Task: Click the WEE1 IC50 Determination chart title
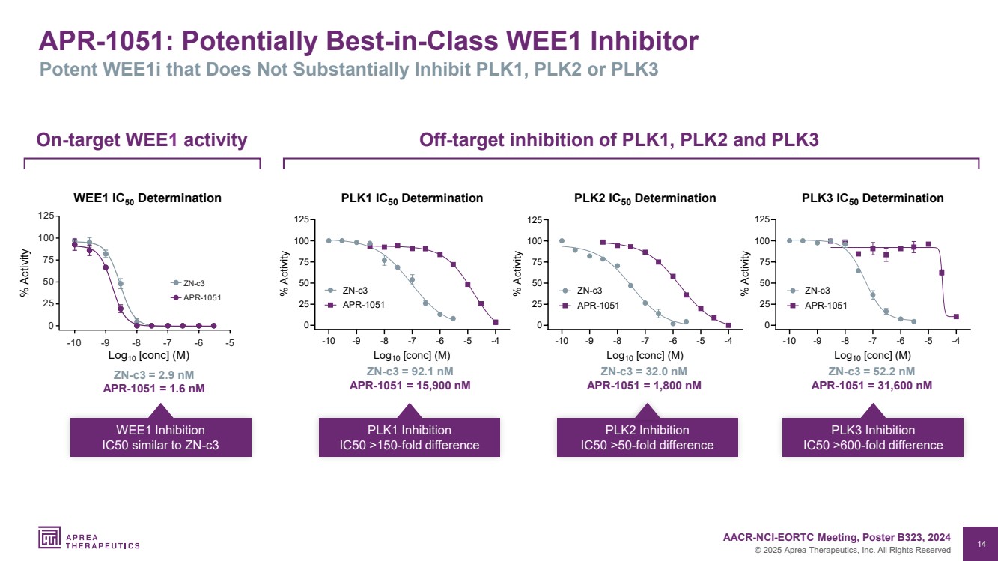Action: pos(147,198)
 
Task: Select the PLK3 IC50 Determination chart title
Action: pos(872,198)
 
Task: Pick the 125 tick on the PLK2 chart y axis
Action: pos(535,219)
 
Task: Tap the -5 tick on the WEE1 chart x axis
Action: pos(229,343)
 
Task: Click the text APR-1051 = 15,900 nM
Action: pos(410,386)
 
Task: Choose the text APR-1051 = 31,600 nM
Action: pos(871,386)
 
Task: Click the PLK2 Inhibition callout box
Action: pos(647,437)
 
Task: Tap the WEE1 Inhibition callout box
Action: pos(160,437)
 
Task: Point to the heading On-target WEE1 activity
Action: pos(142,139)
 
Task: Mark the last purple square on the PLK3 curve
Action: pos(956,317)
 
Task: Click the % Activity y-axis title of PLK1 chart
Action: pos(285,273)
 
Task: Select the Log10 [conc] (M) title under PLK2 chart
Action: pos(644,356)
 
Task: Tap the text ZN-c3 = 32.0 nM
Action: pos(644,372)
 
